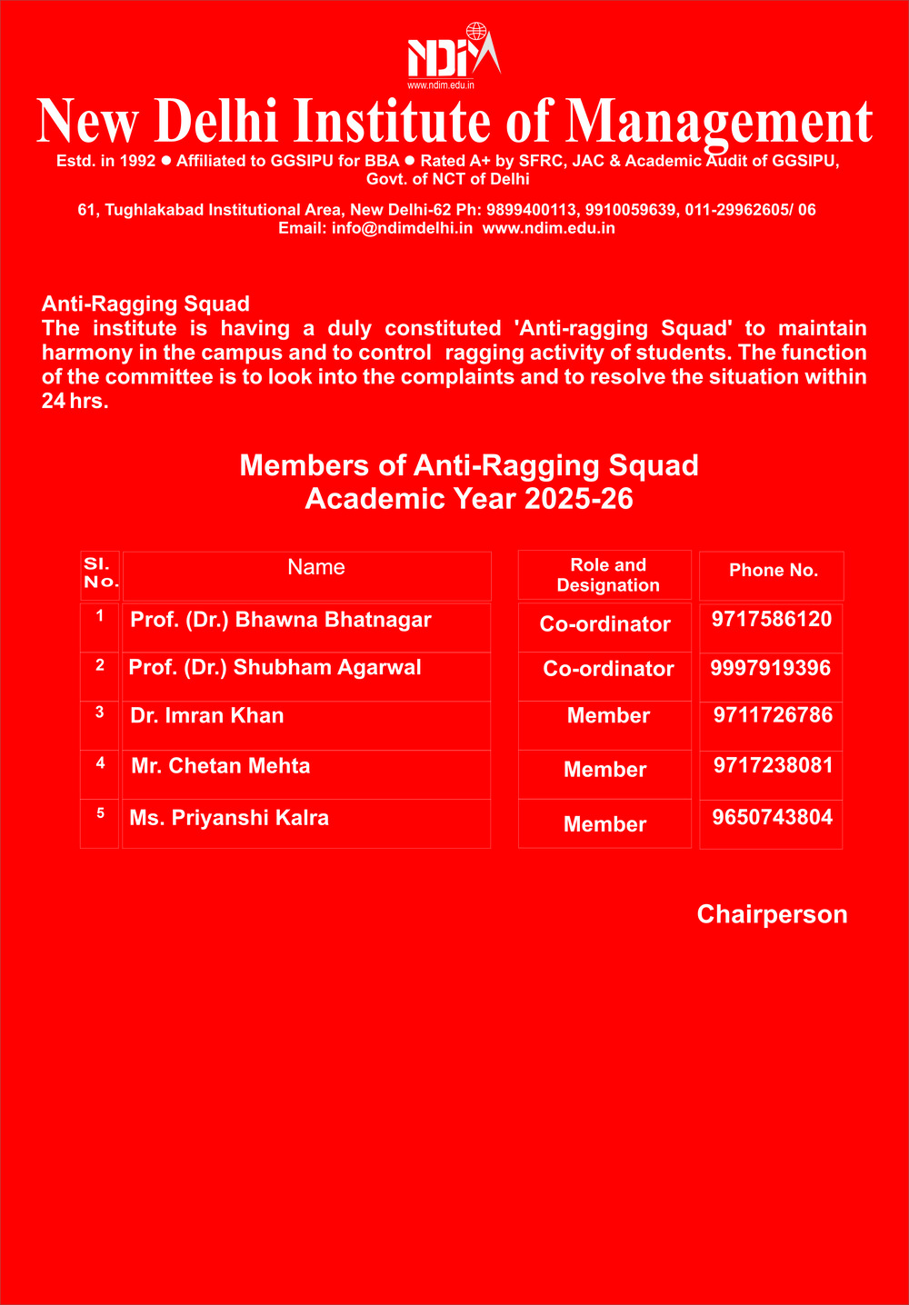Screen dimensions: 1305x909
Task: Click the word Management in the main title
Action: click(719, 122)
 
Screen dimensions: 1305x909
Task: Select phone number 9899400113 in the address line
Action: click(532, 210)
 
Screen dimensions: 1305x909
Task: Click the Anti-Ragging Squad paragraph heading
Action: click(145, 304)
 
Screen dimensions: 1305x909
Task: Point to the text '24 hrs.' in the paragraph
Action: click(75, 401)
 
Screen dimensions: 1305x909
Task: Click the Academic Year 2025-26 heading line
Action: click(469, 499)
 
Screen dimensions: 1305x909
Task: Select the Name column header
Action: click(315, 568)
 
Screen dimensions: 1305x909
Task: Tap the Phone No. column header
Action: click(774, 571)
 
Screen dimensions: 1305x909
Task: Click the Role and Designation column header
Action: click(608, 575)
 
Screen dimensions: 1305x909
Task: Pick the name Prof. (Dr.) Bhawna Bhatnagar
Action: click(281, 620)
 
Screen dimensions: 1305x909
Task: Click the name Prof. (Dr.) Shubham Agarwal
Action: click(275, 668)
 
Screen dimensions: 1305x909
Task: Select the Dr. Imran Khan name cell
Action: click(207, 716)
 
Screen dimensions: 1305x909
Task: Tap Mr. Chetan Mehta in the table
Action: click(221, 766)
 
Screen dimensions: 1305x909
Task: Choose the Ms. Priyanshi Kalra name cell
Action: click(229, 818)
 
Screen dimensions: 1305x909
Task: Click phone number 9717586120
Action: click(772, 620)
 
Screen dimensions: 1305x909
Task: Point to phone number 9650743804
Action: click(772, 817)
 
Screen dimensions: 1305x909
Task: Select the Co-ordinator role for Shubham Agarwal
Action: click(608, 669)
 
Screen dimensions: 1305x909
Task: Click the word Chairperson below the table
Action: click(772, 914)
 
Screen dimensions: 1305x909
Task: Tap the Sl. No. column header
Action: click(101, 573)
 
